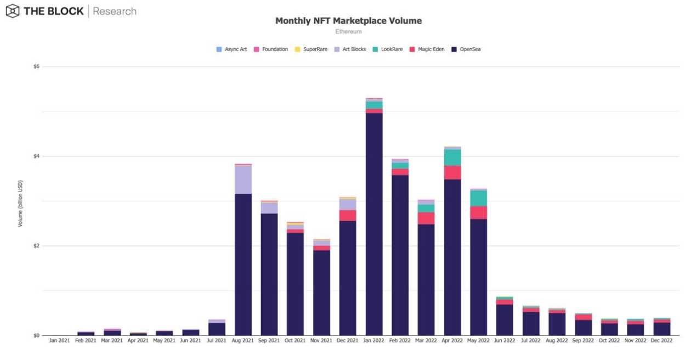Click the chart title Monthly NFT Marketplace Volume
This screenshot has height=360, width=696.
point(348,21)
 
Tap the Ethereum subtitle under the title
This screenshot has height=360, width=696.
point(348,32)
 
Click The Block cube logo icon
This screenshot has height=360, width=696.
point(12,11)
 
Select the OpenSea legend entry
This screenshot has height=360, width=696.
point(466,49)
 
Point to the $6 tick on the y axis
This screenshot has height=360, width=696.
point(36,66)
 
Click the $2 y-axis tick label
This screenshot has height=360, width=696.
point(36,246)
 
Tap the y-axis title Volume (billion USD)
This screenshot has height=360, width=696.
point(20,203)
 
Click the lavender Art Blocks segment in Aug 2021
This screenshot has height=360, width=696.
point(243,179)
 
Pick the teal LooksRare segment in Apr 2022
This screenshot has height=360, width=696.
point(452,157)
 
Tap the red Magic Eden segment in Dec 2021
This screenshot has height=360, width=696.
point(348,215)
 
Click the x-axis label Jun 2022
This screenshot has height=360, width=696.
point(505,341)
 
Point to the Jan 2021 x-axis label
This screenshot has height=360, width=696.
point(59,341)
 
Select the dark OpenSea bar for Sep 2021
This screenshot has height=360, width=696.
point(269,274)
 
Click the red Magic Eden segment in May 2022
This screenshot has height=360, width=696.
point(478,212)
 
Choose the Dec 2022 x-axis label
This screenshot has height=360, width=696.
point(662,341)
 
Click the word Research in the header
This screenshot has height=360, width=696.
point(115,11)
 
